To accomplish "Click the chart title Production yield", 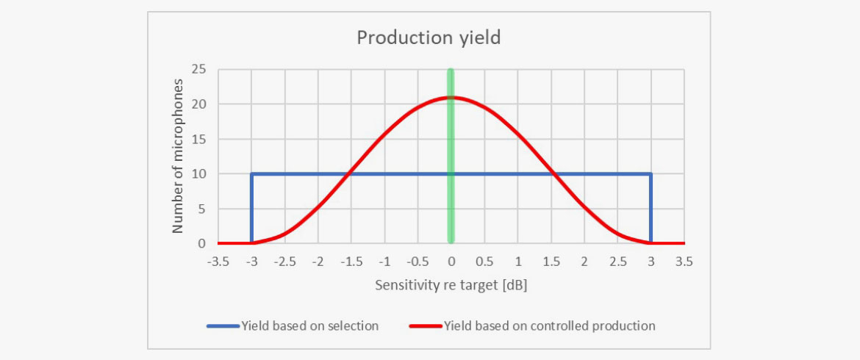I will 429,38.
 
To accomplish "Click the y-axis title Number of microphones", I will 178,155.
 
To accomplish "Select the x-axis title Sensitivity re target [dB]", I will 451,285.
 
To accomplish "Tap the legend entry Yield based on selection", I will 309,325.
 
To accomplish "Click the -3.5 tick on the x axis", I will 218,262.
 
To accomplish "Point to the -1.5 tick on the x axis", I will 351,262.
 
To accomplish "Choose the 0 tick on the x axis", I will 451,262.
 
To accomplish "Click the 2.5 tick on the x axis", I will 617,262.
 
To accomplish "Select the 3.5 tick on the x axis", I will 684,262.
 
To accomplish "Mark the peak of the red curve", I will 451,97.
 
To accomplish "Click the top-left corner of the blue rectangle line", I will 252,174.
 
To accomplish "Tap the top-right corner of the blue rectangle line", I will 651,174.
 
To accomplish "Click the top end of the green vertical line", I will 451,71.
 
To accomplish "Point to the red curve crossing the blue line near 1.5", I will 553,174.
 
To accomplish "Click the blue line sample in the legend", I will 223,325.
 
